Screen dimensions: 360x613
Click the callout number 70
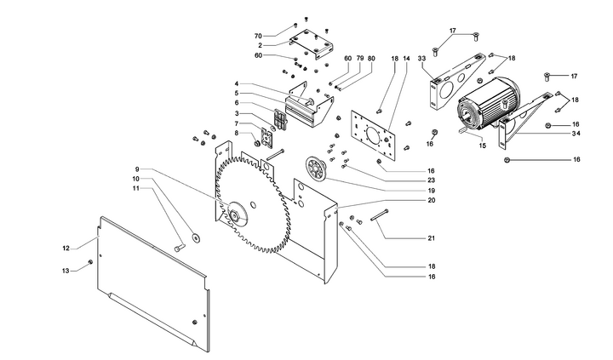pos(258,36)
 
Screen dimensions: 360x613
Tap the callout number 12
pos(66,249)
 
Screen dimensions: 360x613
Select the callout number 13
pos(66,271)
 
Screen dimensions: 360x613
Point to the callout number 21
pos(432,238)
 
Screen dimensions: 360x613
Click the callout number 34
pos(576,134)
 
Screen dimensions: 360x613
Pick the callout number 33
pos(421,58)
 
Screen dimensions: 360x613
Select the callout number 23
pos(432,180)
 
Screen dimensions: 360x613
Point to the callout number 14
pos(406,58)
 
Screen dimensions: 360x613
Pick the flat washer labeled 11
pos(196,238)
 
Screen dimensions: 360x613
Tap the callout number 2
pos(260,44)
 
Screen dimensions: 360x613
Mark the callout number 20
pos(432,201)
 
